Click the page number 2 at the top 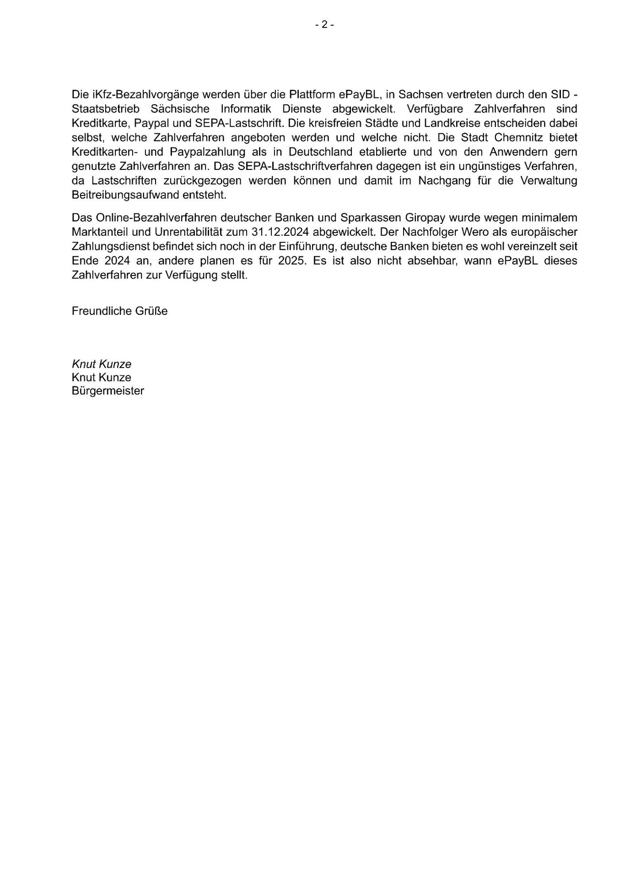[324, 25]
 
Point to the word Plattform [312, 95]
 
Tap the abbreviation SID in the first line [559, 95]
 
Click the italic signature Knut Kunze [102, 364]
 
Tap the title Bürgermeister [108, 391]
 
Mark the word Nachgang [440, 180]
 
